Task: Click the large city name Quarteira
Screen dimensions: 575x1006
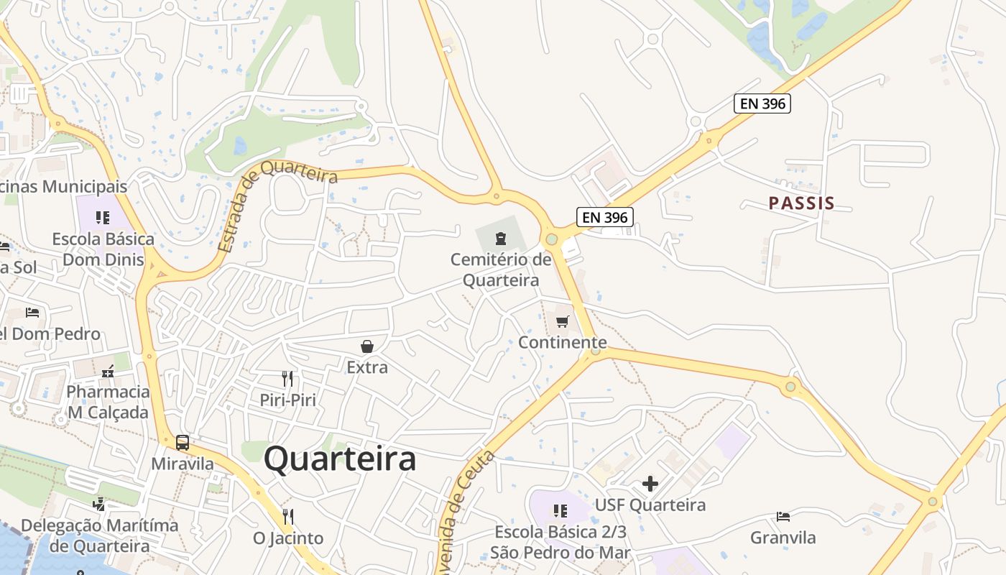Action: (340, 459)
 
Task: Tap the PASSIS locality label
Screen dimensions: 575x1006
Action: (802, 203)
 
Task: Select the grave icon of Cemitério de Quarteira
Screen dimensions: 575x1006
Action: (501, 238)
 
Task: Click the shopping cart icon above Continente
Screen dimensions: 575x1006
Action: (563, 321)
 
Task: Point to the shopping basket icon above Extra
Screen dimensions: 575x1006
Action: (367, 346)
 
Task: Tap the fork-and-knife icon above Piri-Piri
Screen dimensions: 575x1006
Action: (287, 379)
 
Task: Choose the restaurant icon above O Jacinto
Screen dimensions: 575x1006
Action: (288, 517)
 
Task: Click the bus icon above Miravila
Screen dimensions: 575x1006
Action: (183, 442)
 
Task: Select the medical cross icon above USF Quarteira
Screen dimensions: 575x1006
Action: (650, 484)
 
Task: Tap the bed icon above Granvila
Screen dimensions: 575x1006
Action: (783, 517)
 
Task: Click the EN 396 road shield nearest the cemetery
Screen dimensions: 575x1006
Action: (604, 216)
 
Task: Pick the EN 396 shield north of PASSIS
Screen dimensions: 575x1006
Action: (762, 103)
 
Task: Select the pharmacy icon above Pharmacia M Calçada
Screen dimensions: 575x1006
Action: (109, 372)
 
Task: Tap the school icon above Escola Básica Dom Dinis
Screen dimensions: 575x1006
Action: (103, 217)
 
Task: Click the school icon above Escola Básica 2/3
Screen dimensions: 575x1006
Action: (560, 511)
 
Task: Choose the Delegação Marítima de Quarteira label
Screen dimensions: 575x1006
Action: (99, 535)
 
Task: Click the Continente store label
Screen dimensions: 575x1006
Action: (563, 342)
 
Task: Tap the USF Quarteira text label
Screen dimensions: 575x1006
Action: (650, 505)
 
